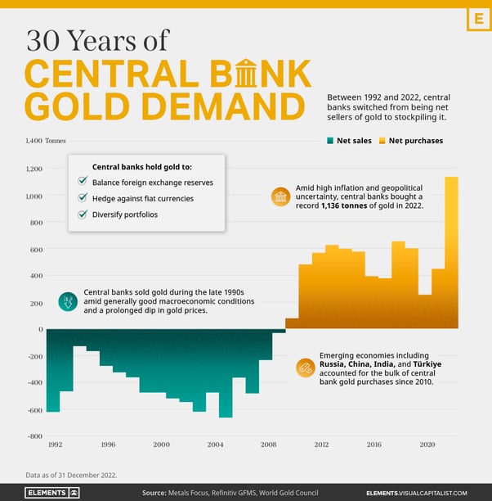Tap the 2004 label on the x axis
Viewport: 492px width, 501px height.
pos(215,445)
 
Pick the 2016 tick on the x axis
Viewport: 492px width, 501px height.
pos(373,445)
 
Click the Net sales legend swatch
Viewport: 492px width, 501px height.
pos(330,141)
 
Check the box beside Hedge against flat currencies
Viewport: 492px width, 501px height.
pos(83,198)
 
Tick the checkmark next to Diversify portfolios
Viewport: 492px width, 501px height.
pos(83,214)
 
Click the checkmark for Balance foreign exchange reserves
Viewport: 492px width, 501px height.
pos(83,182)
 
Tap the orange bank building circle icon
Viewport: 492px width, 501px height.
pos(280,197)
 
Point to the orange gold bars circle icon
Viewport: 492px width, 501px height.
pos(306,368)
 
